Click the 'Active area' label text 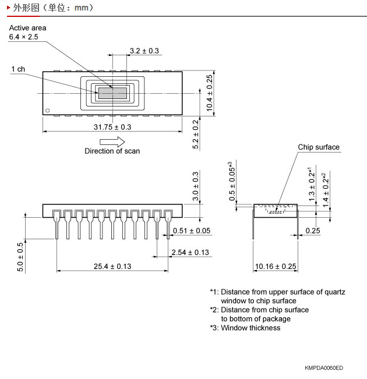point(27,28)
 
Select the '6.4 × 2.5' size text point(23,37)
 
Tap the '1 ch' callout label point(18,69)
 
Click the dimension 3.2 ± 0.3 point(144,51)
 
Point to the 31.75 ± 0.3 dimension point(112,126)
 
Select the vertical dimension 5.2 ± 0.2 point(196,134)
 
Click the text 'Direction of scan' point(112,151)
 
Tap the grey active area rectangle point(112,93)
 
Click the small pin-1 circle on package point(48,109)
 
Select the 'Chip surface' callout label point(319,147)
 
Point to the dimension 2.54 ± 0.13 point(190,252)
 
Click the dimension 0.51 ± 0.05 point(192,231)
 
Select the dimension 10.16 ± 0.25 point(276,267)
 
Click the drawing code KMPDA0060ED point(323,368)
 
